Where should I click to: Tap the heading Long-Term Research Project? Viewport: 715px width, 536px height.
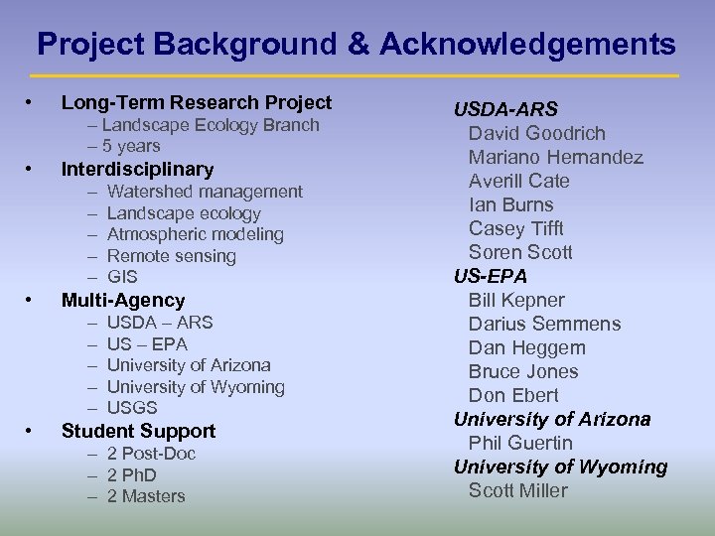pyautogui.click(x=197, y=102)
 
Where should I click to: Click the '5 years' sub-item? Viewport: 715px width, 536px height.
pyautogui.click(x=129, y=146)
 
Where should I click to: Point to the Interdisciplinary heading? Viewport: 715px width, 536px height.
pyautogui.click(x=137, y=169)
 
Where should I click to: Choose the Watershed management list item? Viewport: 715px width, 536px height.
pyautogui.click(x=205, y=192)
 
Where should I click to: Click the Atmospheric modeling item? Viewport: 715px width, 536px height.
pyautogui.click(x=195, y=234)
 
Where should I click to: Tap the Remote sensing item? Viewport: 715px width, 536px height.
pyautogui.click(x=171, y=256)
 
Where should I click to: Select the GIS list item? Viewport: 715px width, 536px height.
pyautogui.click(x=122, y=277)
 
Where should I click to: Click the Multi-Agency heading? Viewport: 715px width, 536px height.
pyautogui.click(x=123, y=300)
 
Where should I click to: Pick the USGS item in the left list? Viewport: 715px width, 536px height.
pyautogui.click(x=132, y=408)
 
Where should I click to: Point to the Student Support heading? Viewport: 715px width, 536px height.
pyautogui.click(x=138, y=431)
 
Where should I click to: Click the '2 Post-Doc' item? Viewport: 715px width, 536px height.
pyautogui.click(x=151, y=454)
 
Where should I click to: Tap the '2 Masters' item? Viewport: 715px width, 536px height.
pyautogui.click(x=146, y=496)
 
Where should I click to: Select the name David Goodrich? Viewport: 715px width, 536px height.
pyautogui.click(x=536, y=133)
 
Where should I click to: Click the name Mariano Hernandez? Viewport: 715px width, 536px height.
pyautogui.click(x=555, y=157)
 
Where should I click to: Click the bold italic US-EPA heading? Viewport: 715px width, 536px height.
pyautogui.click(x=491, y=276)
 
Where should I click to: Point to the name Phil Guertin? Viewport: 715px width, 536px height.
pyautogui.click(x=520, y=443)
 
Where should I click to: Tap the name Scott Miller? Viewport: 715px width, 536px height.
pyautogui.click(x=517, y=490)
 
